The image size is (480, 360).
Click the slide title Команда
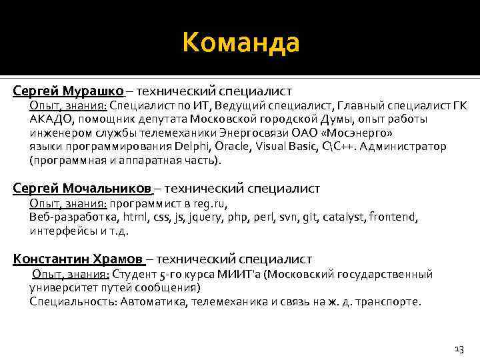coord(241,44)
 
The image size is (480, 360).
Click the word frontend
coord(411,217)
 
